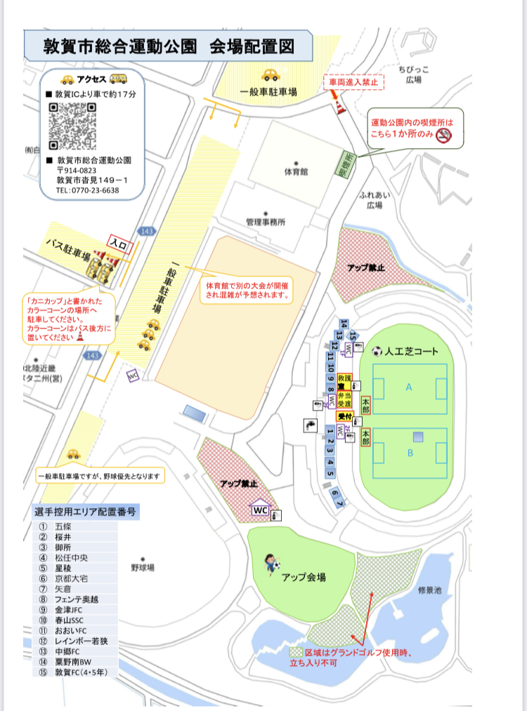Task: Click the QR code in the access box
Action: coord(72,126)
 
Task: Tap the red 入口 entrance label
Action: coord(119,244)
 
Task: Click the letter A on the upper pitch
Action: coord(409,387)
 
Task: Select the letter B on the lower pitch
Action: coord(410,453)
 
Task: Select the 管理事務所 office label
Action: coord(266,222)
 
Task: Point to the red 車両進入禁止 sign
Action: coord(354,82)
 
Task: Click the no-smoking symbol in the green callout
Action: coord(443,136)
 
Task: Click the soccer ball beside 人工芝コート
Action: coord(377,351)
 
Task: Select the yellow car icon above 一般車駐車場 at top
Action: coord(270,74)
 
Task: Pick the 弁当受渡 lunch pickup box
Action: coord(344,399)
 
